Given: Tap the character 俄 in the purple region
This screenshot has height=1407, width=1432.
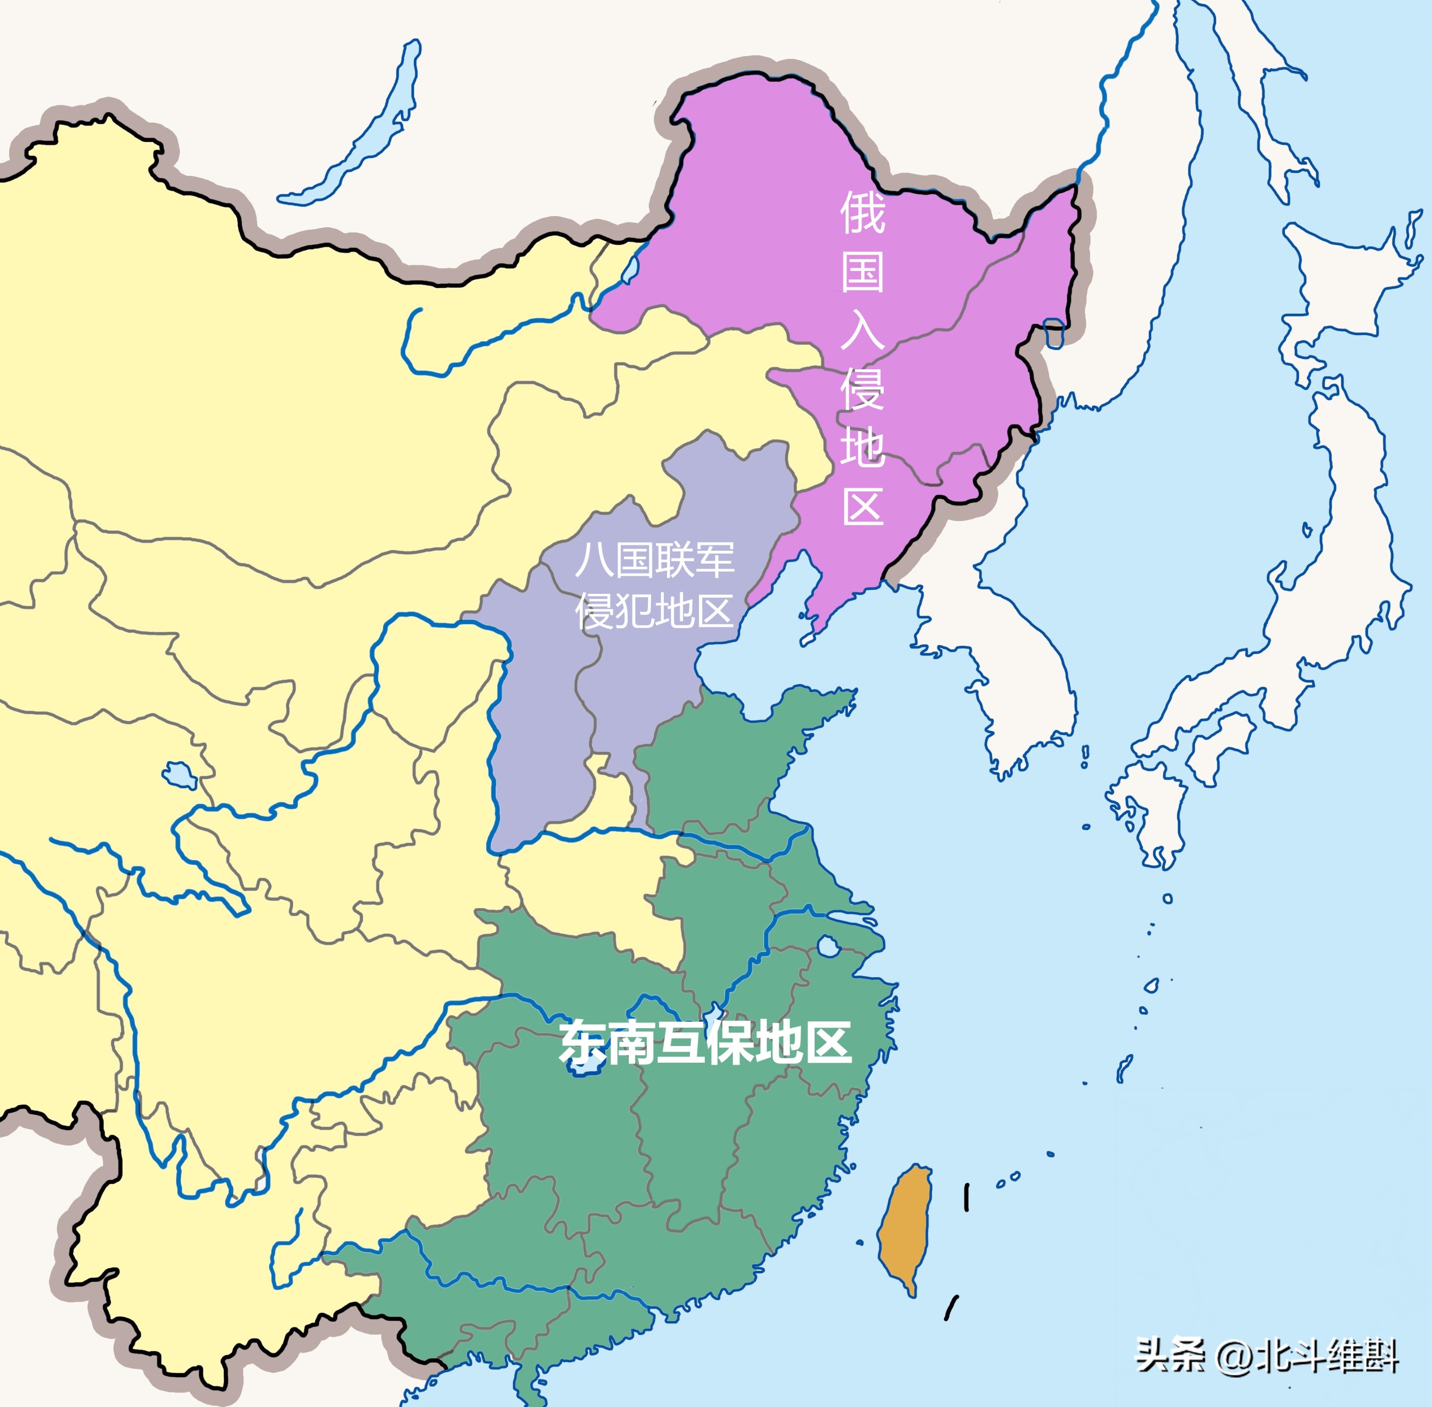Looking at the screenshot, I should (x=862, y=212).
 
